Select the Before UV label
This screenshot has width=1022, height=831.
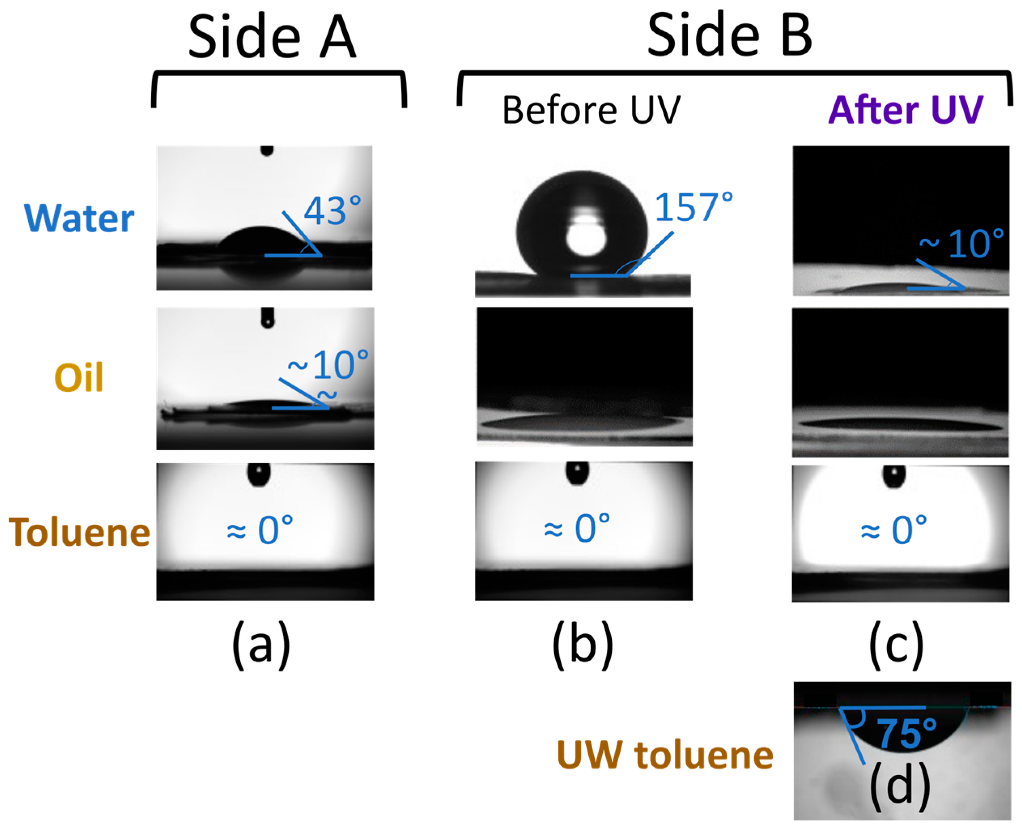point(591,110)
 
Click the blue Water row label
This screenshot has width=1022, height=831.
point(79,218)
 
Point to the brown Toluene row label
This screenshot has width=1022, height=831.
point(79,532)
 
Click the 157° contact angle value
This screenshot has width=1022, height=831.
point(693,207)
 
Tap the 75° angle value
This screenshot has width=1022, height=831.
point(906,733)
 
